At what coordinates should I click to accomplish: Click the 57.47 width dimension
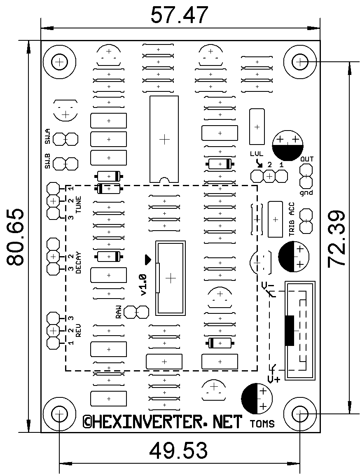click(x=179, y=16)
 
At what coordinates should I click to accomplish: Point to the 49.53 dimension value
click(x=178, y=451)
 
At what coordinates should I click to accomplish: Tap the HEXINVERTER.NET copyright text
click(x=163, y=421)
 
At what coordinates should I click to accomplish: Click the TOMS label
click(x=262, y=424)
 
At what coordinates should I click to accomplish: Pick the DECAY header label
click(x=78, y=262)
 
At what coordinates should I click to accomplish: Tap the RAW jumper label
click(x=119, y=311)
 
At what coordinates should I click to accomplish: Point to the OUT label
click(x=307, y=159)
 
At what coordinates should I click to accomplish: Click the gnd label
click(x=306, y=192)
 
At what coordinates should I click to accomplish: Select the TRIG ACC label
click(x=292, y=219)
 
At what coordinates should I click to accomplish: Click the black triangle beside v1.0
click(x=148, y=259)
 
